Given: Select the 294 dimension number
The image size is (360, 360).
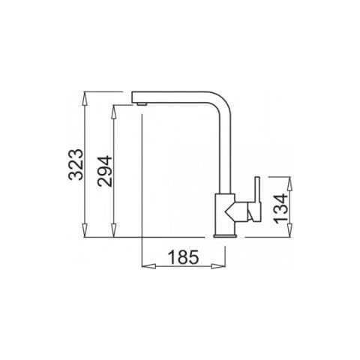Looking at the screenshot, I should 103,172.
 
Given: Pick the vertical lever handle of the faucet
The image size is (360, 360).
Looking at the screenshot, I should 255,200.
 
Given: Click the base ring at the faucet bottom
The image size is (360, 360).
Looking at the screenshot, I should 226,235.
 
